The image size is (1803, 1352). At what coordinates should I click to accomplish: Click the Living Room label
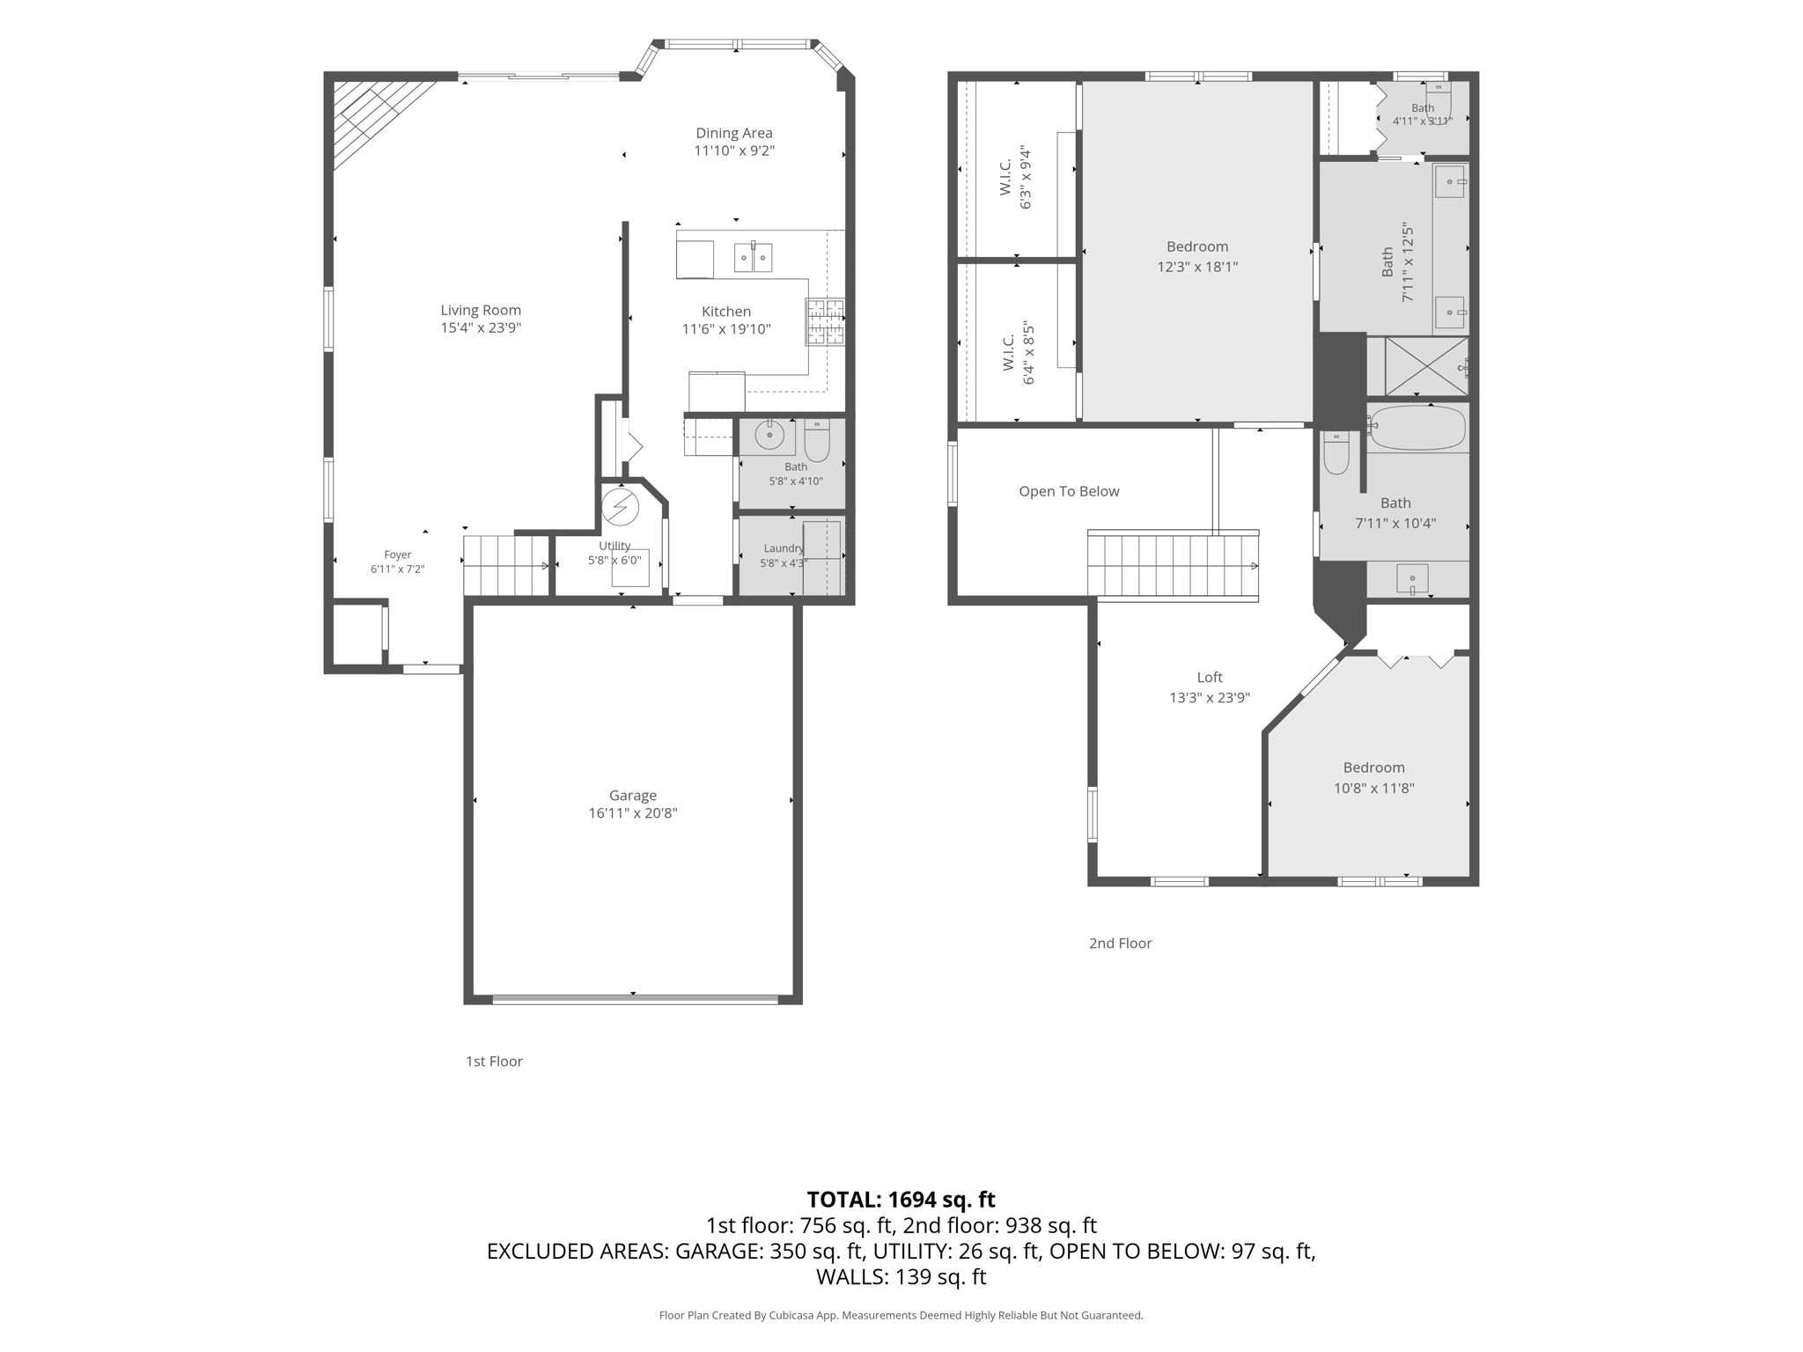(481, 310)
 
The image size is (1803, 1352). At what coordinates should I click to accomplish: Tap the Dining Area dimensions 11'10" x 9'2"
(734, 151)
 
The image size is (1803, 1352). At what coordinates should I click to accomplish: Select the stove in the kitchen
(825, 321)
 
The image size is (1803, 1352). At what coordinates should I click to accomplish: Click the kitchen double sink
(754, 257)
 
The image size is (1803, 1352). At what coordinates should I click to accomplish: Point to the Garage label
(633, 796)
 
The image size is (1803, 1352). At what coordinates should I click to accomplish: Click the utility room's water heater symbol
(620, 506)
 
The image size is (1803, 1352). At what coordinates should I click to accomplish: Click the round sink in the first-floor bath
(769, 435)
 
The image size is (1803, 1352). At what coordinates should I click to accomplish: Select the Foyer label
(398, 555)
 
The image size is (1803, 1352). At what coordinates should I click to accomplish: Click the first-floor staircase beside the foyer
(506, 565)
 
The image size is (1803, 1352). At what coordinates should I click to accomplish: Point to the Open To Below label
(1069, 491)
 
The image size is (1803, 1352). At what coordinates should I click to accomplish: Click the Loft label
(1210, 677)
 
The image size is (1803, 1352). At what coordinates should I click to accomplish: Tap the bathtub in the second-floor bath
(1417, 428)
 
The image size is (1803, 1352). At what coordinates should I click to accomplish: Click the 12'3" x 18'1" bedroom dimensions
(1197, 267)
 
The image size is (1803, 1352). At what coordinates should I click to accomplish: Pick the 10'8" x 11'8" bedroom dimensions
(1373, 789)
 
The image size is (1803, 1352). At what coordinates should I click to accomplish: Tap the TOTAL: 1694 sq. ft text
(901, 1200)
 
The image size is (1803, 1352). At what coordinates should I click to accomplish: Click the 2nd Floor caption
(1120, 944)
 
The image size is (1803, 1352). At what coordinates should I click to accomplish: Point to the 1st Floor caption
(494, 1062)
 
